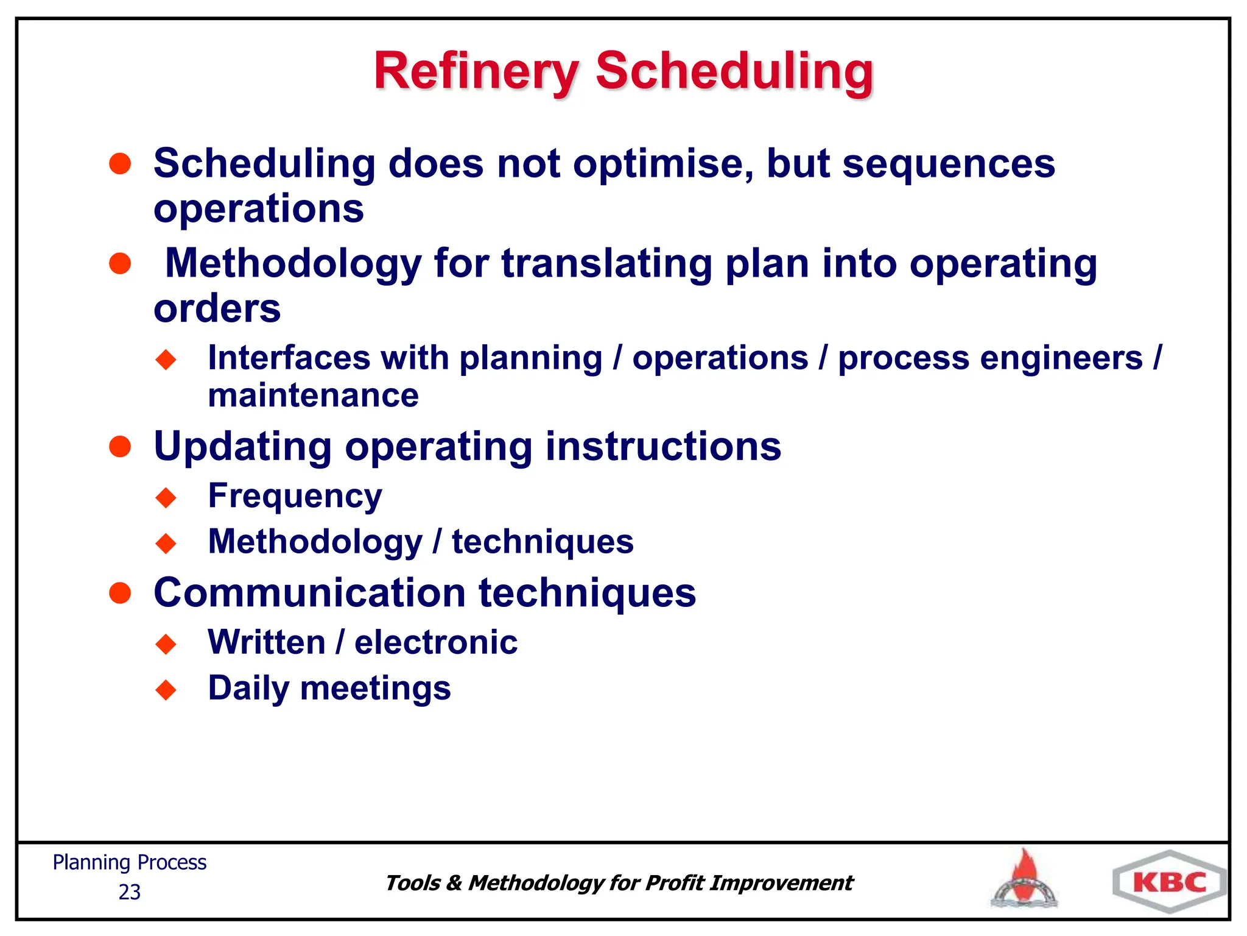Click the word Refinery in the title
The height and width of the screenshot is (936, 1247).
[x=476, y=72]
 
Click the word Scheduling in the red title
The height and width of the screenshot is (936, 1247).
[x=734, y=72]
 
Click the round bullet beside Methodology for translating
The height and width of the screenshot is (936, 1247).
[x=120, y=264]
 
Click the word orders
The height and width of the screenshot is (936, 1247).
[x=217, y=309]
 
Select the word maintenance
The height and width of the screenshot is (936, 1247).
[x=313, y=396]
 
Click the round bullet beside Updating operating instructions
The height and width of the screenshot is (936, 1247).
[x=120, y=447]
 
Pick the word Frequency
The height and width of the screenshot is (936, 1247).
[x=295, y=496]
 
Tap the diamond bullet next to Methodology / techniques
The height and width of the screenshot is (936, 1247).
[x=166, y=542]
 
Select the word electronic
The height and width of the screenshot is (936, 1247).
[x=436, y=642]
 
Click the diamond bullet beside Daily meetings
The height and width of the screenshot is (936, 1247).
[x=166, y=690]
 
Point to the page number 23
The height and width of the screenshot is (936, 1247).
[x=129, y=892]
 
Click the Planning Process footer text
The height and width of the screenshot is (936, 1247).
[x=129, y=863]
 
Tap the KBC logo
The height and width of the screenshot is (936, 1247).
[x=1169, y=882]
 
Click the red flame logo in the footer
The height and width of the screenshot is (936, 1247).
[x=1025, y=880]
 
